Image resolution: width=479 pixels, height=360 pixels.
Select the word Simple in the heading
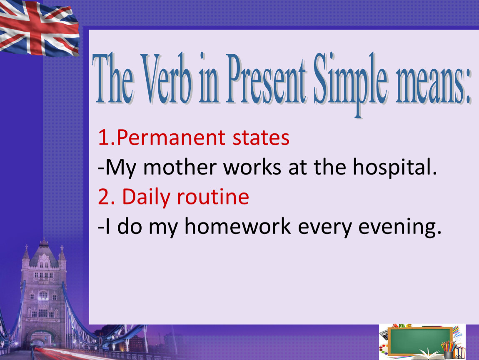tap(351, 84)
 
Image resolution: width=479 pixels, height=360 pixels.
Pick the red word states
tap(261, 138)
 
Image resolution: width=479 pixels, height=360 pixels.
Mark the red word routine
tap(213, 197)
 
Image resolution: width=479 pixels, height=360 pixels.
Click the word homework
tap(238, 226)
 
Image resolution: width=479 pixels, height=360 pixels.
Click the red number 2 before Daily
tap(104, 197)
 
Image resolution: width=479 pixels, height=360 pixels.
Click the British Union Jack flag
tap(39, 28)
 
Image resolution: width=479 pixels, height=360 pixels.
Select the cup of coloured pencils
tap(449, 350)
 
